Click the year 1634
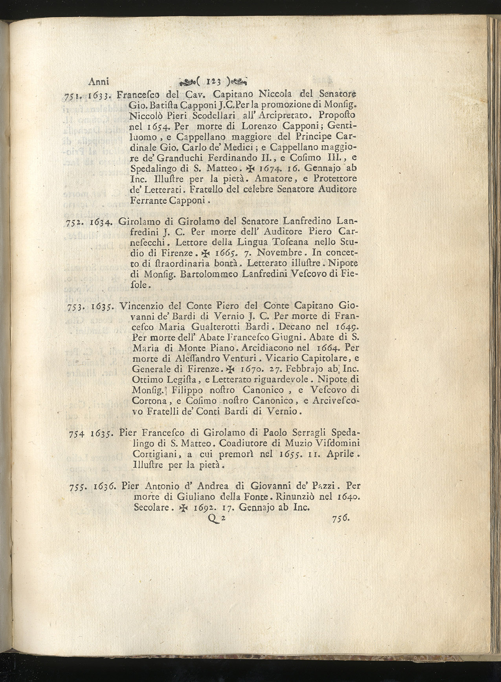click(102, 222)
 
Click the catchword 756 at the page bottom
click(340, 519)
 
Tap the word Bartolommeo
click(213, 274)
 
